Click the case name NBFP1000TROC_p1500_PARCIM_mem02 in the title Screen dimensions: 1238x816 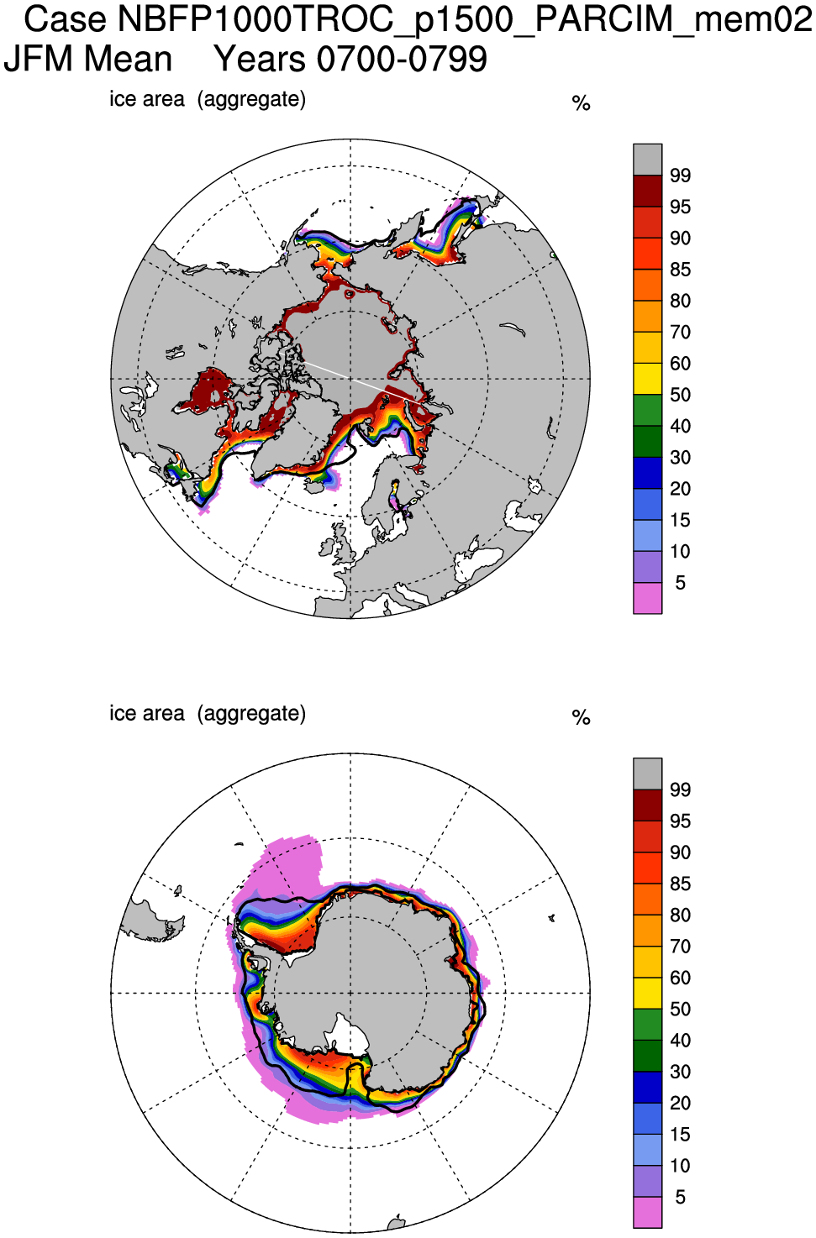[465, 19]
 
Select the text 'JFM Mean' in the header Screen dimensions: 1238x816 [88, 60]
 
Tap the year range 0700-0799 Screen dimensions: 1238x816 [402, 60]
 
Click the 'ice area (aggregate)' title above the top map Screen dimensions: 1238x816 [208, 99]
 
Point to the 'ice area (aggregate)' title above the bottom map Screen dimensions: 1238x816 [208, 713]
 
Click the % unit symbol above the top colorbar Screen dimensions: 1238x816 [581, 103]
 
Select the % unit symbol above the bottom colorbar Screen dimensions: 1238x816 [581, 717]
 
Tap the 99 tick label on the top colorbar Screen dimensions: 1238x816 [680, 176]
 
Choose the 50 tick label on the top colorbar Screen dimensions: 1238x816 [680, 395]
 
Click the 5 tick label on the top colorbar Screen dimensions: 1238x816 [680, 583]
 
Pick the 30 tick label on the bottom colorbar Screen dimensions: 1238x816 [680, 1072]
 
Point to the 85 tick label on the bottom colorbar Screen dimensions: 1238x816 [680, 884]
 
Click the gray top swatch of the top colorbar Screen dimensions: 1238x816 [647, 160]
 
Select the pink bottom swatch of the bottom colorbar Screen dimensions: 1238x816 [647, 1212]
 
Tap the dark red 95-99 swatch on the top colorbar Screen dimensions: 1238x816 [647, 191]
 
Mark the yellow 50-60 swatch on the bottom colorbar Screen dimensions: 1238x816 [647, 993]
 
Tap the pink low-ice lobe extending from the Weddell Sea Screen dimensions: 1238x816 [290, 865]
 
